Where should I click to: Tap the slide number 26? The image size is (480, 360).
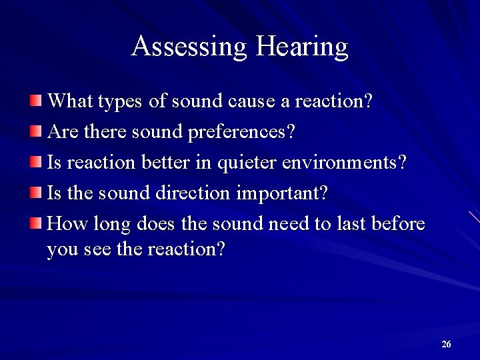[x=446, y=344]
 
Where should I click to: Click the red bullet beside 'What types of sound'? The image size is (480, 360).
[x=35, y=101]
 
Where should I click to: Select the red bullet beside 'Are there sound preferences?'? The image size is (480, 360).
[x=35, y=131]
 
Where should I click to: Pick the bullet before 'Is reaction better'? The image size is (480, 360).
[x=35, y=162]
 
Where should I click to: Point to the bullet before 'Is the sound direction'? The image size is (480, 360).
[x=35, y=193]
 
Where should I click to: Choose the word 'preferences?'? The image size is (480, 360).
[x=242, y=133]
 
